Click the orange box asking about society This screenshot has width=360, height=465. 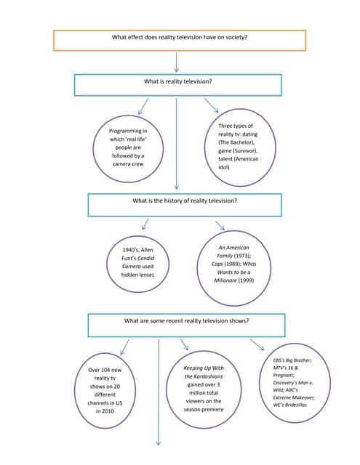tap(179, 41)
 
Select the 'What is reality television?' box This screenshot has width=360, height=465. tap(177, 84)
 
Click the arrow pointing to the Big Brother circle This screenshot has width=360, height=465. tap(257, 344)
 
